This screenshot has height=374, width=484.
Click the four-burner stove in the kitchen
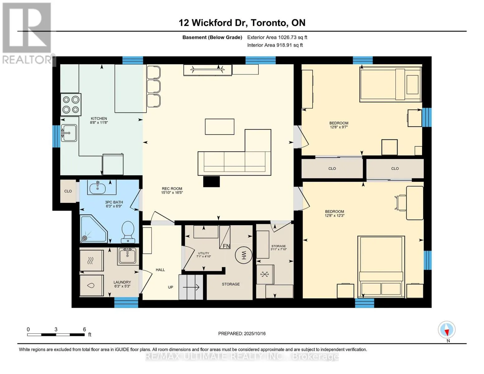pos(71,104)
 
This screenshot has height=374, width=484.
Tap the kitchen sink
pos(69,133)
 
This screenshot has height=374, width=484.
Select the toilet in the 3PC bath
pos(128,232)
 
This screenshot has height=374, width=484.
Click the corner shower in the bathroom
pos(94,229)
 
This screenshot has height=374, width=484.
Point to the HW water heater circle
pos(243,255)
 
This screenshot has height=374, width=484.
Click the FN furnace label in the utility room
pos(226,246)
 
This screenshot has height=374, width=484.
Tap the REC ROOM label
pos(172,189)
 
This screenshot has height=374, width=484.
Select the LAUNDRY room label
pos(122,282)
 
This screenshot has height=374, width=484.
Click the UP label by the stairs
pos(170,287)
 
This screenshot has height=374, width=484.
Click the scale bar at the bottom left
pos(56,335)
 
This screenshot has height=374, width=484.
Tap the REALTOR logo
pos(27,33)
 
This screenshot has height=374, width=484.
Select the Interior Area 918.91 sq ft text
pos(275,45)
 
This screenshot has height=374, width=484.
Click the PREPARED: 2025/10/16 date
pos(242,334)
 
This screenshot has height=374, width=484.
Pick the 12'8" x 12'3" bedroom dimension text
pos(334,215)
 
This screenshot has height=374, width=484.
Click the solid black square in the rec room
pos(211,181)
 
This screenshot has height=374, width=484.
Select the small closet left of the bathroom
pos(68,191)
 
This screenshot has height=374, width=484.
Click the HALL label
pos(160,270)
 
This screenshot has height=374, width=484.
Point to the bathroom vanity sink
pos(98,188)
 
